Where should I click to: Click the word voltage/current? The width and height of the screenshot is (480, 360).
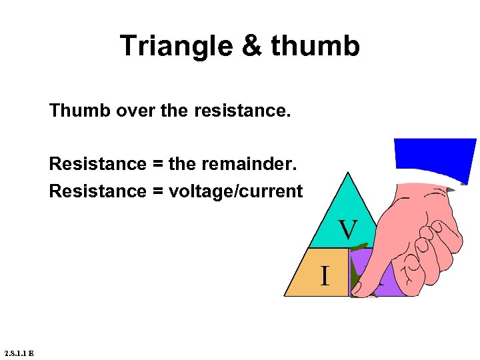pos(235,191)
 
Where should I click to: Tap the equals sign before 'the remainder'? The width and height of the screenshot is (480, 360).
pos(157,164)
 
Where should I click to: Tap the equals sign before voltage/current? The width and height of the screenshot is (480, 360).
pos(157,191)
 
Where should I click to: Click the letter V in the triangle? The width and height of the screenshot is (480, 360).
pos(347,229)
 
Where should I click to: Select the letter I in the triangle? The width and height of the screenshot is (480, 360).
pos(325,275)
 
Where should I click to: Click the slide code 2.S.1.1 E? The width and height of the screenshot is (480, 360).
pos(19,353)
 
